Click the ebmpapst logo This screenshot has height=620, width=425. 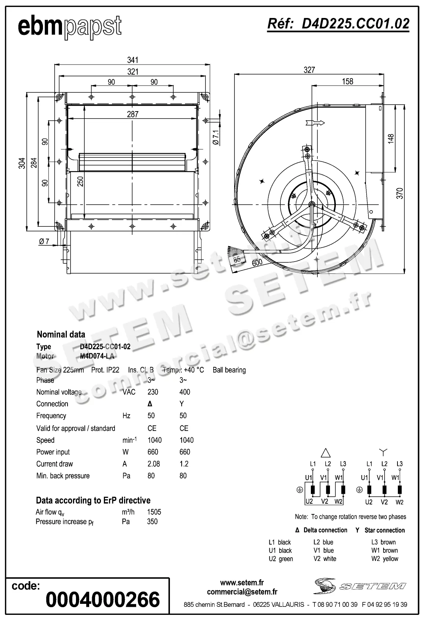point(69,27)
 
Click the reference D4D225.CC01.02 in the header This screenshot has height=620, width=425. point(338,23)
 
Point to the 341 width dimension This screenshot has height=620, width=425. point(132,60)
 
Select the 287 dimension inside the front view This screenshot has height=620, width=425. point(132,114)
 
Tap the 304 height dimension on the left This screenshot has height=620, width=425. point(22,163)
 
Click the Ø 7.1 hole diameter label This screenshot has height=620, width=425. point(215,137)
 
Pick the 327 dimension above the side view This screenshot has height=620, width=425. point(309,70)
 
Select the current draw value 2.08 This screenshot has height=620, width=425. point(153,464)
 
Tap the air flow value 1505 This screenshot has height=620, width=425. point(154,512)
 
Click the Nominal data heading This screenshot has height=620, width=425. point(61,335)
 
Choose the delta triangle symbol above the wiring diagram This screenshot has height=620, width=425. point(326,452)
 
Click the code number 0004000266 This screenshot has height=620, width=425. point(103,599)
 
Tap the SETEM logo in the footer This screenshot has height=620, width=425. point(360,586)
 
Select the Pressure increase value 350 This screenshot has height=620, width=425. point(152,522)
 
